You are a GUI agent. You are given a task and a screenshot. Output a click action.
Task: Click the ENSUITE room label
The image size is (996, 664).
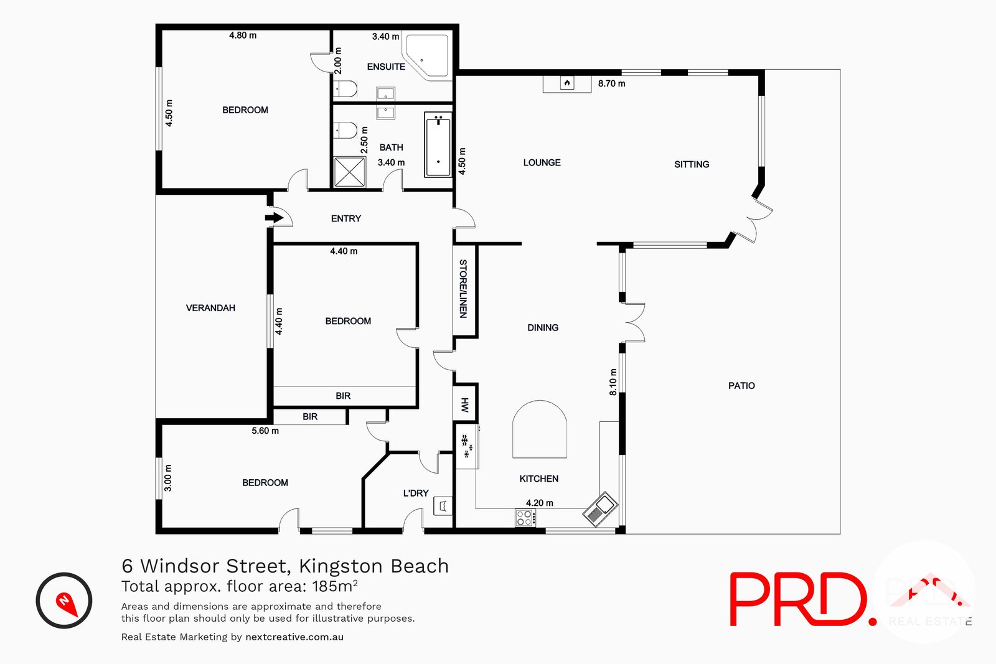coord(386,67)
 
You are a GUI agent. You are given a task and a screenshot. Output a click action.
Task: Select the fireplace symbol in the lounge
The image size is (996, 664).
coord(566,83)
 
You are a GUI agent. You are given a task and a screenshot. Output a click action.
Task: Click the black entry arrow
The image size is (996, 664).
coord(274,218)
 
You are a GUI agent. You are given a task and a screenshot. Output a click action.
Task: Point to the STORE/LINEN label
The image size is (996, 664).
coord(463,289)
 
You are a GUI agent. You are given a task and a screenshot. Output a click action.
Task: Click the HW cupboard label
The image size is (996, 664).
coord(464,405)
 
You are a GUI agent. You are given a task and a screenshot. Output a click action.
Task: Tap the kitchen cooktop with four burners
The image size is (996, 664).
coord(525,518)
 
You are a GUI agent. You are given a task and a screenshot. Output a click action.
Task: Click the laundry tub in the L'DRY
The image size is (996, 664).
coord(443,505)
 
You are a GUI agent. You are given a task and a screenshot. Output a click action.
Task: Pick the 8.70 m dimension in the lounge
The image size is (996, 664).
coord(611,83)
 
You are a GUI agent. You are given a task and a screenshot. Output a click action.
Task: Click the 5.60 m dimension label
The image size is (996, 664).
coord(265,431)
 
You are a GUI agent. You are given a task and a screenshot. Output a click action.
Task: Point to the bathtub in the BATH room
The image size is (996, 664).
coord(438,144)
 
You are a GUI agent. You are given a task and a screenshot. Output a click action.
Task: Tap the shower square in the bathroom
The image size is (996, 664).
coord(350,172)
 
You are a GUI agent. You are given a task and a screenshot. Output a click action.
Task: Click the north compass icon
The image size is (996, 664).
coord(64,601)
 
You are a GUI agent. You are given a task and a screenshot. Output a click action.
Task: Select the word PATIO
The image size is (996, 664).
coord(741,386)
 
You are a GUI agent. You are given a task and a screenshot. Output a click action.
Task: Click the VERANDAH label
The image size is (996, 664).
coord(210,308)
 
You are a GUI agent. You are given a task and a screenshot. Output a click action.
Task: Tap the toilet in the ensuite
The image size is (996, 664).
coord(345,90)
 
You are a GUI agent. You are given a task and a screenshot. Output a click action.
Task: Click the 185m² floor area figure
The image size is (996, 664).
coord(335,586)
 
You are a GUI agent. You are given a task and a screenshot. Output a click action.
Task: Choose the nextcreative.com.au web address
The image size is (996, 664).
coord(294,637)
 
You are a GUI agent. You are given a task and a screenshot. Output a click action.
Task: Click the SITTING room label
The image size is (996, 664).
coord(692,164)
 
